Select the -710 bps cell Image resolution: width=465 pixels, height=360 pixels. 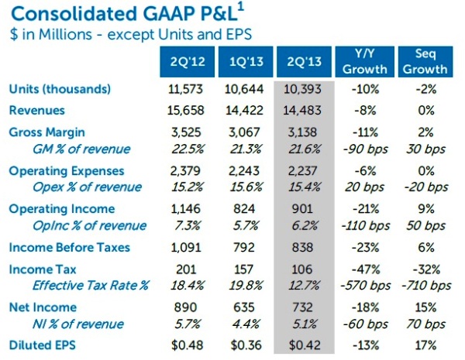click(x=425, y=286)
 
